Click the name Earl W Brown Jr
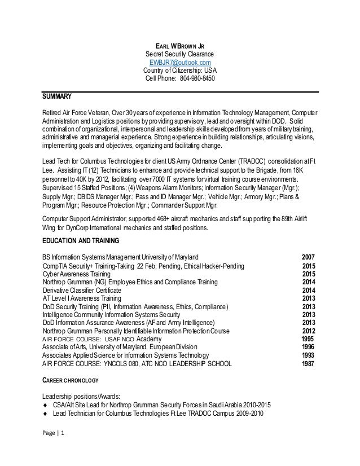click(180, 46)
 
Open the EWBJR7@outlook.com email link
click(180, 62)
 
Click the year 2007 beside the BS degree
click(309, 257)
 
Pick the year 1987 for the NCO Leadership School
click(309, 364)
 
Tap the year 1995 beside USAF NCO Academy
click(309, 338)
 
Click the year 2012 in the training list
click(309, 331)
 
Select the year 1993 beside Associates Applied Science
click(309, 355)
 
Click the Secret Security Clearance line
click(180, 54)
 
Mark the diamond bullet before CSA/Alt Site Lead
click(45, 404)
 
